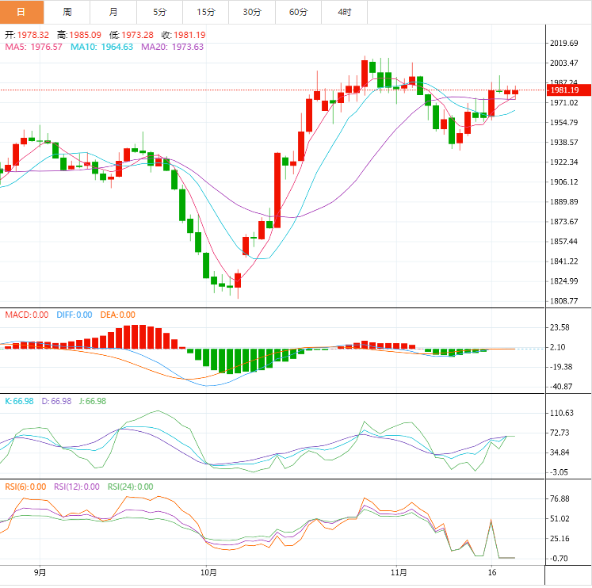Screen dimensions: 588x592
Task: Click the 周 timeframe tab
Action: coord(67,12)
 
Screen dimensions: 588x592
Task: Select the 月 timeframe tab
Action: coord(113,12)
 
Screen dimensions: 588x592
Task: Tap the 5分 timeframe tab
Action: coord(159,12)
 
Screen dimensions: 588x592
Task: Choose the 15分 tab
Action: coord(206,12)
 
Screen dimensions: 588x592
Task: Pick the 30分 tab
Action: coord(252,12)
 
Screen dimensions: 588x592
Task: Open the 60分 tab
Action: coord(298,12)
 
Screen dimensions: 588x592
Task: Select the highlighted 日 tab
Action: coord(21,12)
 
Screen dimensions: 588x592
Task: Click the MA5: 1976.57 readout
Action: coord(34,47)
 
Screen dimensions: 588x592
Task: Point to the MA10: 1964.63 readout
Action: coord(101,47)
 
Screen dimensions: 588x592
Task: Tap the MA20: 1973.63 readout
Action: coord(172,47)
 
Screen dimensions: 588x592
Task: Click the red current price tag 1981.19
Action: coord(567,90)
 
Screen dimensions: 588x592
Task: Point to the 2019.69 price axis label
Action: coord(566,43)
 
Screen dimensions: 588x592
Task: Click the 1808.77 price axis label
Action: coord(566,301)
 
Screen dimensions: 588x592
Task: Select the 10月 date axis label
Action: coord(208,571)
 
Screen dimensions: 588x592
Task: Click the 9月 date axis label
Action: coord(40,571)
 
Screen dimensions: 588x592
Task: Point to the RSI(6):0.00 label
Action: coord(25,487)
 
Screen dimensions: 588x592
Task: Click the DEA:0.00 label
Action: coord(116,315)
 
